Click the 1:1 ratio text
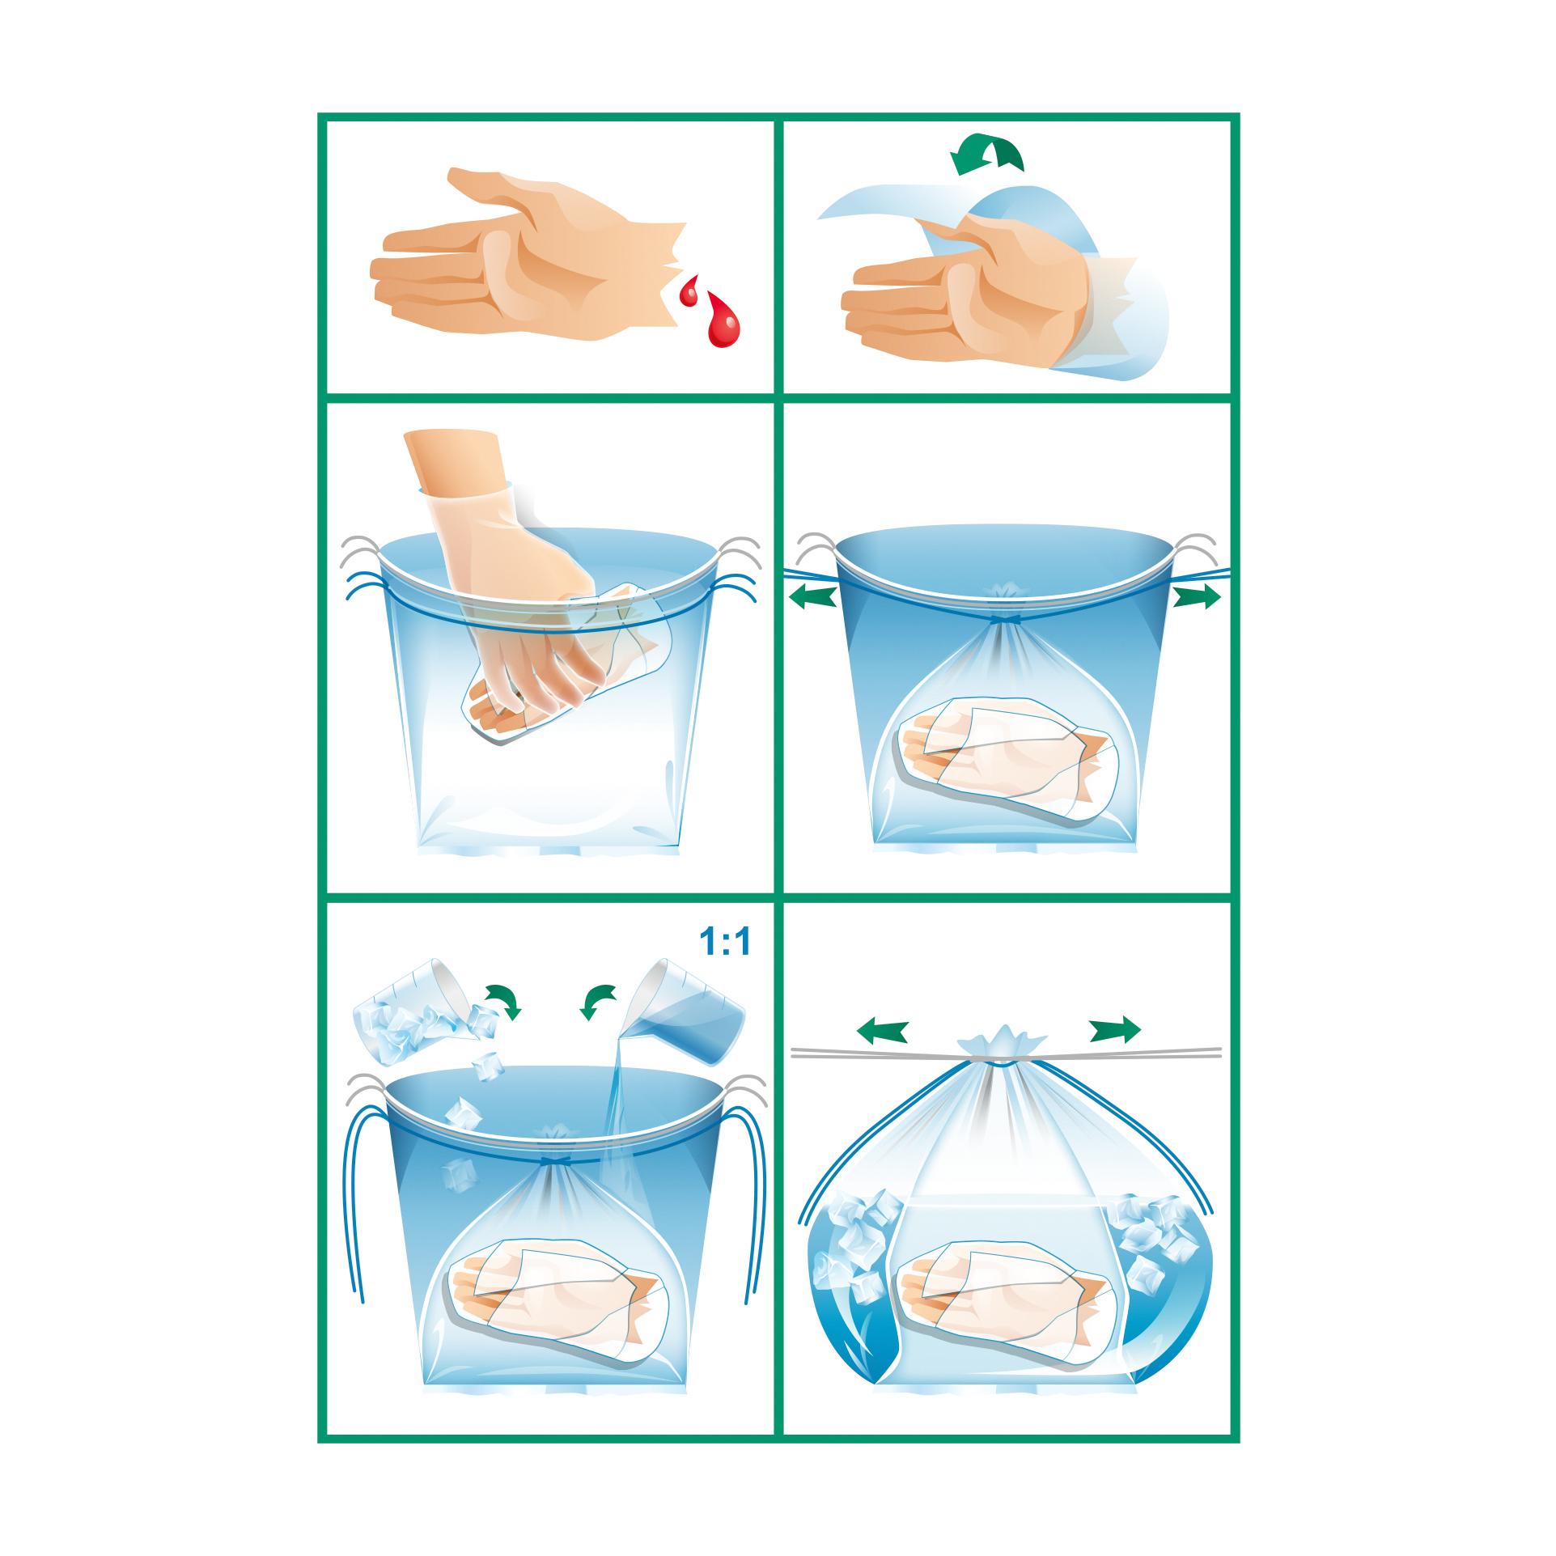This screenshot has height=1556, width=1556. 724,943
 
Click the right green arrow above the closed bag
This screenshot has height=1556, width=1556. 1115,1029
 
